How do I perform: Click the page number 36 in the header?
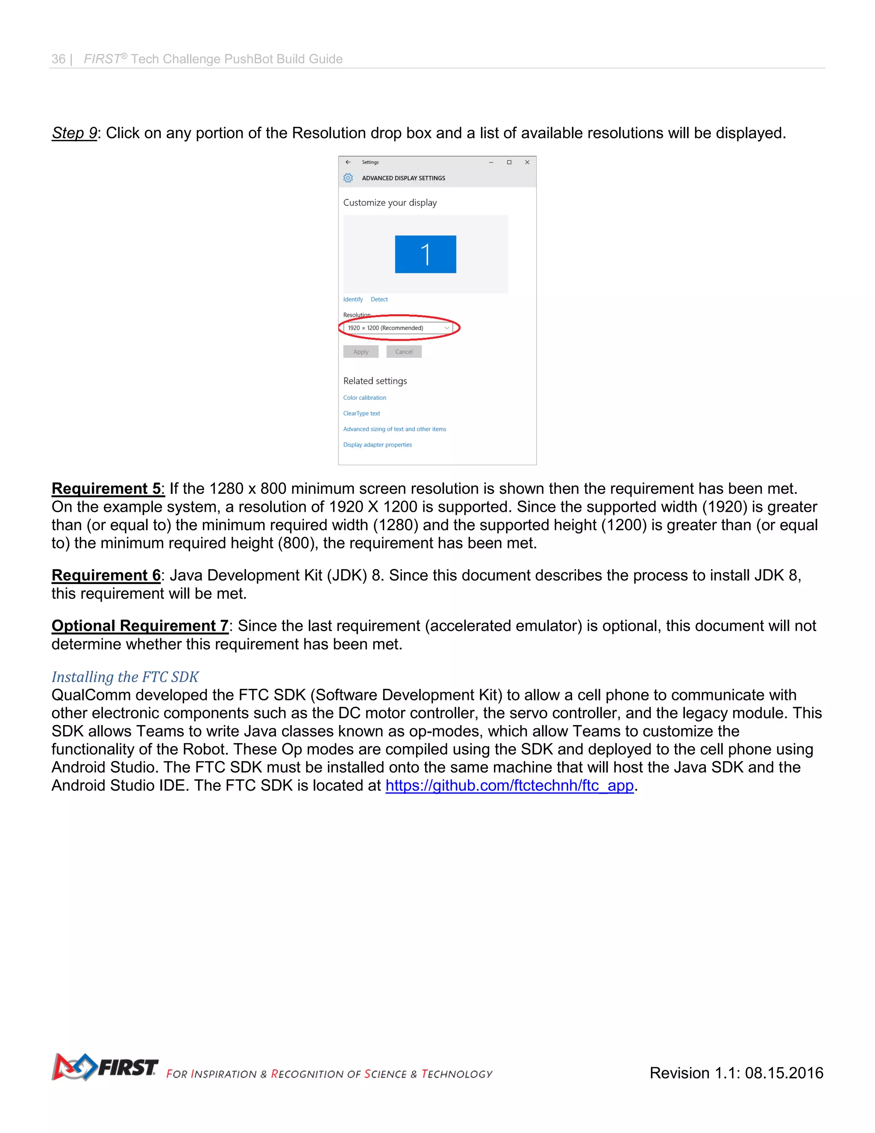click(x=58, y=59)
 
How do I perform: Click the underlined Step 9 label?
click(x=74, y=133)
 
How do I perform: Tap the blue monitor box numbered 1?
click(x=425, y=254)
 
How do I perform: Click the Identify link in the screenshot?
click(x=352, y=299)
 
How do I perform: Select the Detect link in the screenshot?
click(x=379, y=299)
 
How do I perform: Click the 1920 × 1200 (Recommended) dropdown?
click(x=398, y=328)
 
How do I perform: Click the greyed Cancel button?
click(x=403, y=352)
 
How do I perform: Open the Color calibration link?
click(x=364, y=398)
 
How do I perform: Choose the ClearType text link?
click(x=361, y=413)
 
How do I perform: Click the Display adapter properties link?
click(x=377, y=445)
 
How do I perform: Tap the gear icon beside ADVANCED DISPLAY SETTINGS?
click(x=348, y=178)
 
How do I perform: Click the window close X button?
click(x=527, y=162)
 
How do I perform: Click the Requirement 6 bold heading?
click(x=106, y=575)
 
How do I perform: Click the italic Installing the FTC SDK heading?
click(x=125, y=677)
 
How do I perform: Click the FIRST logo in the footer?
click(x=105, y=1067)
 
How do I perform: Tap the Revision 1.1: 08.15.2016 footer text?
click(x=736, y=1073)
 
